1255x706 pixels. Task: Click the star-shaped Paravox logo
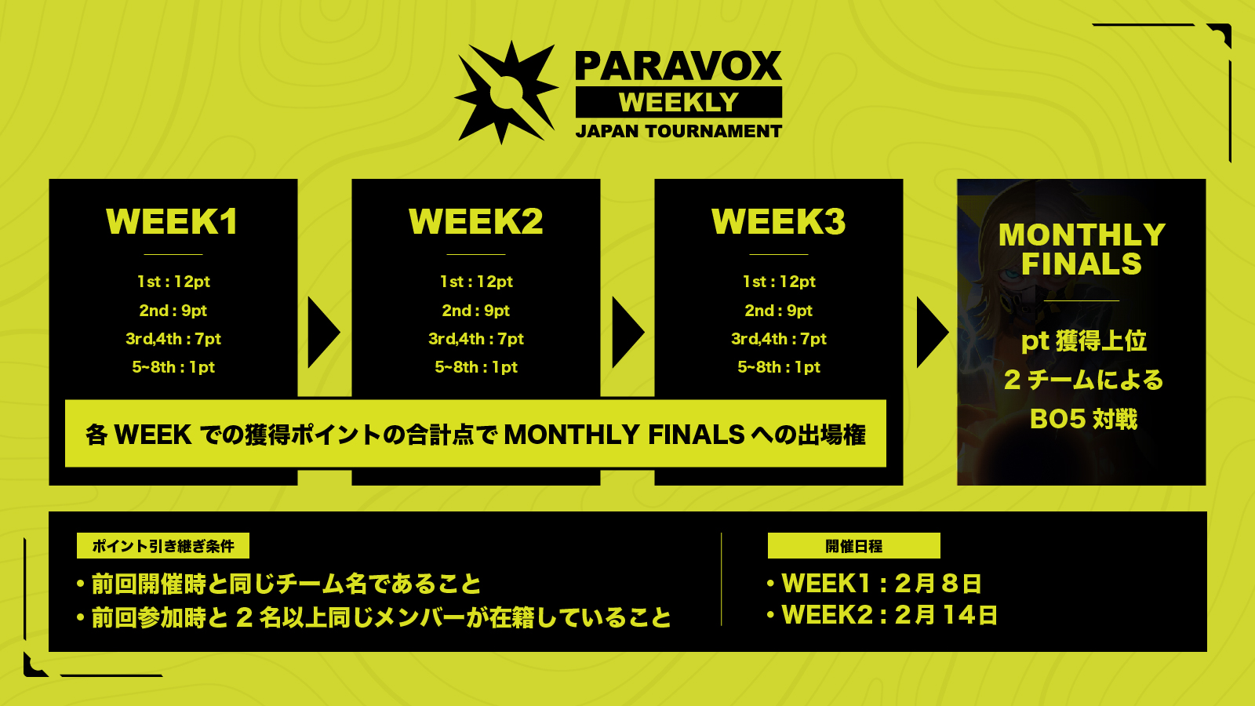(x=507, y=93)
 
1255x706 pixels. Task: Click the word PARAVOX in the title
(x=678, y=67)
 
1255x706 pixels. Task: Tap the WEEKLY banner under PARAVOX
(x=678, y=102)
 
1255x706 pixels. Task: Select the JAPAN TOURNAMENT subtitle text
(x=678, y=131)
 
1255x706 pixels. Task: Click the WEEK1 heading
(x=173, y=221)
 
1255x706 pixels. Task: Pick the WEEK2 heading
(x=475, y=221)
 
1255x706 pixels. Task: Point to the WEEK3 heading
(x=779, y=221)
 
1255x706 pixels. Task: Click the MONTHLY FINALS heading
(x=1082, y=249)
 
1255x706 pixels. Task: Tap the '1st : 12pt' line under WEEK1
(x=173, y=282)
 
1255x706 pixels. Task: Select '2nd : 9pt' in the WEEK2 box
(x=475, y=311)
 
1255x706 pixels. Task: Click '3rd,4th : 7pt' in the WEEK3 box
(x=779, y=339)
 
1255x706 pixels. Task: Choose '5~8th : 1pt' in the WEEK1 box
(x=173, y=367)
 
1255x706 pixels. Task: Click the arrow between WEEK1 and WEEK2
(x=324, y=333)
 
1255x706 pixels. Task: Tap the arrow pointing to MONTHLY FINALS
(x=933, y=333)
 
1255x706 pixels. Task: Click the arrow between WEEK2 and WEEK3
(x=628, y=333)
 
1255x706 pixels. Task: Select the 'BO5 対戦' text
(x=1083, y=419)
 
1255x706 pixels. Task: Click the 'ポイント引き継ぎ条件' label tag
(x=163, y=546)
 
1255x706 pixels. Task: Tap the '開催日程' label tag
(x=854, y=546)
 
